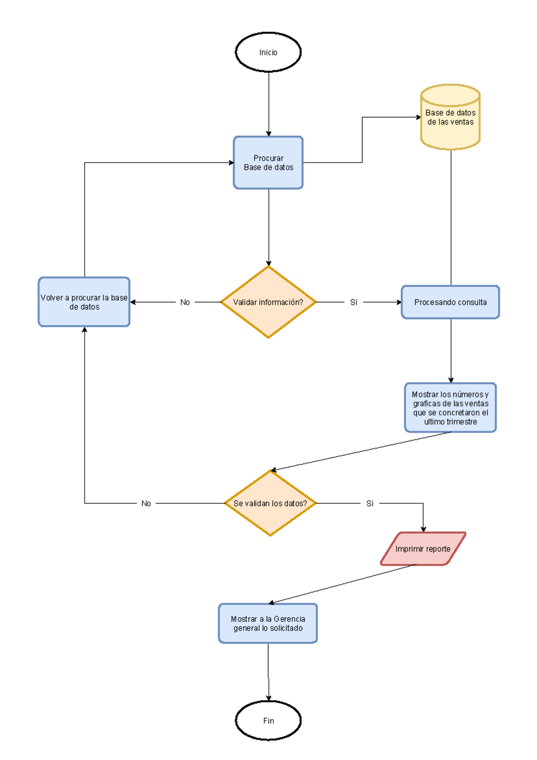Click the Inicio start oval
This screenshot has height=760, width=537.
tap(268, 52)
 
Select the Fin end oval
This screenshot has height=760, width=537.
tap(268, 720)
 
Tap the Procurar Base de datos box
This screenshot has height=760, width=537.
tap(268, 163)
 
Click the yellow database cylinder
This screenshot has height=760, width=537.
tap(450, 117)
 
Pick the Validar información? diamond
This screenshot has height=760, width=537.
tap(268, 302)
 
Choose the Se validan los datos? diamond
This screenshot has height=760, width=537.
tap(270, 503)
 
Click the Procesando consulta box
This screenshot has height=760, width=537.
tap(450, 302)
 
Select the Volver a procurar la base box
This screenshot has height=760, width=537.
tap(84, 302)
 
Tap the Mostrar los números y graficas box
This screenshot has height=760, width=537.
tap(450, 408)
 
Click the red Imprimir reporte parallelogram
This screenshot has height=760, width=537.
tap(423, 549)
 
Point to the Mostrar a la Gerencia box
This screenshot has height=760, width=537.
tap(268, 623)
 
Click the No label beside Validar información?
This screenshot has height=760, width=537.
tap(185, 302)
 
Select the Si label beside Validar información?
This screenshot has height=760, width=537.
tap(354, 302)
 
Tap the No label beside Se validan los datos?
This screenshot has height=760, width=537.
tap(146, 503)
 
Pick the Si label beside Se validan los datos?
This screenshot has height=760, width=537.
tap(370, 503)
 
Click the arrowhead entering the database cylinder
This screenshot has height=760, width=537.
tap(418, 117)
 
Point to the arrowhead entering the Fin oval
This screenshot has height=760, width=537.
tap(268, 698)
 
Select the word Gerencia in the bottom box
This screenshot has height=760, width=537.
tap(289, 618)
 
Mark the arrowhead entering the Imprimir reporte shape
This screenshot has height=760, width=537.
tap(423, 529)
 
